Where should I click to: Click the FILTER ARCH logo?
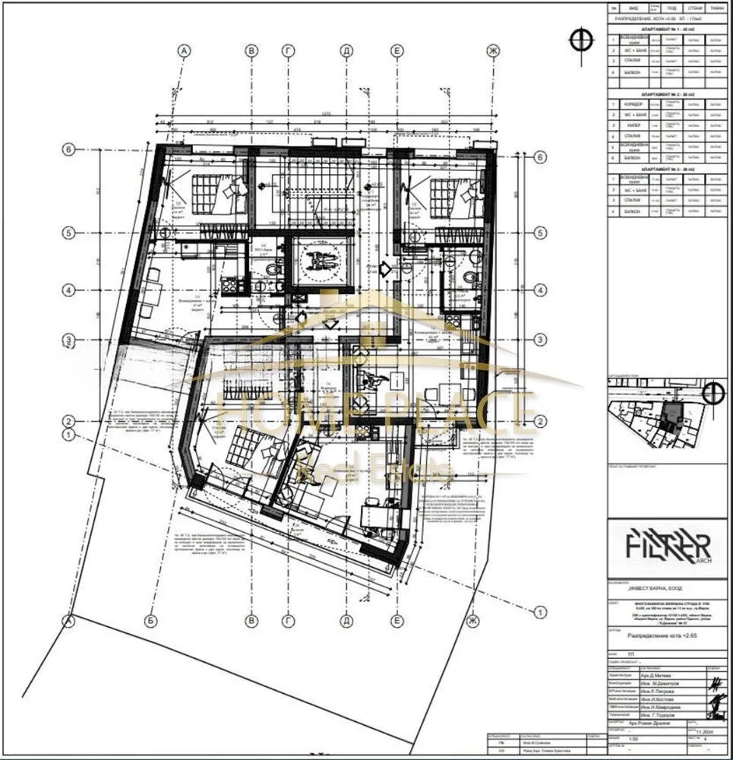pos(668,546)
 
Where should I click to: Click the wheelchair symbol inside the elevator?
pos(319,261)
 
